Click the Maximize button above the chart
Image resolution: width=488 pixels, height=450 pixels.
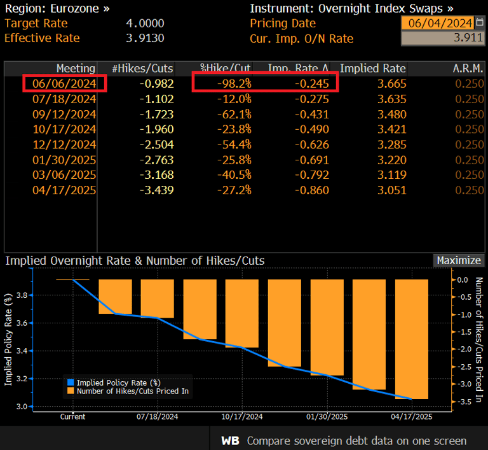click(x=459, y=260)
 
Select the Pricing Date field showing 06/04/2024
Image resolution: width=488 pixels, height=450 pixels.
click(x=440, y=23)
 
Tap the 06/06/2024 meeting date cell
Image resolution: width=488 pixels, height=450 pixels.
click(x=64, y=83)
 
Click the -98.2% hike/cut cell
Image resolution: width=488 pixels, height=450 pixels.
click(x=234, y=83)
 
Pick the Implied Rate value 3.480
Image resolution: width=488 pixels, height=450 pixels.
click(x=392, y=114)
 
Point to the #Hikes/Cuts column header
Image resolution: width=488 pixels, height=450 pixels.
click(x=142, y=68)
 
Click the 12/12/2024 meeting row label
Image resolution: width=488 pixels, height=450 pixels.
click(x=64, y=144)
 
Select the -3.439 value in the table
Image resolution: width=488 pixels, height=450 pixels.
click(x=156, y=190)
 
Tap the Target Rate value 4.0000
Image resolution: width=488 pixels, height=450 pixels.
click(x=145, y=24)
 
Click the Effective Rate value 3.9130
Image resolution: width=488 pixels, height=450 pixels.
click(x=145, y=38)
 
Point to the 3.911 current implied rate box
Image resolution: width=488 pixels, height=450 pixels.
click(x=442, y=38)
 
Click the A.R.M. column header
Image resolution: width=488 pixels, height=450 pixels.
click(x=468, y=68)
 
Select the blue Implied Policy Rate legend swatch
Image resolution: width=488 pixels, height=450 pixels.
click(x=71, y=383)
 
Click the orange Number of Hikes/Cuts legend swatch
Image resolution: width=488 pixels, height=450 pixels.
click(x=71, y=391)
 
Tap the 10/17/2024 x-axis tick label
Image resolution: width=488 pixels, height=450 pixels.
click(x=242, y=417)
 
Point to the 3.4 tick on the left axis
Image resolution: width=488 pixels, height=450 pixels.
click(x=22, y=351)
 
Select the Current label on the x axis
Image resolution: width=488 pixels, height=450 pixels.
click(x=72, y=417)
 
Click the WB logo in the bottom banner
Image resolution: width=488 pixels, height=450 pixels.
click(x=230, y=441)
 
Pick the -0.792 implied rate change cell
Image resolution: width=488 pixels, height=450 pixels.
click(x=312, y=175)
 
